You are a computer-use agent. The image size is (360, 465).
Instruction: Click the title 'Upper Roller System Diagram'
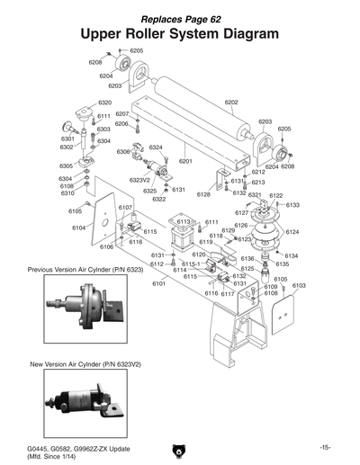[x=179, y=33]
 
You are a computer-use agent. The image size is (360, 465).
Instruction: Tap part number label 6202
[x=231, y=103]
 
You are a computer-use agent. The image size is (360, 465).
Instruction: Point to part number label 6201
[x=186, y=161]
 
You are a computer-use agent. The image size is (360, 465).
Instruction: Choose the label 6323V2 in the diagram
[x=140, y=180]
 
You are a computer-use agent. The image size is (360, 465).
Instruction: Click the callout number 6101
[x=158, y=283]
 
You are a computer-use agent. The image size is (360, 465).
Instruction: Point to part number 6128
[x=203, y=194]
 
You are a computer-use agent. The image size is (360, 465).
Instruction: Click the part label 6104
[x=79, y=228]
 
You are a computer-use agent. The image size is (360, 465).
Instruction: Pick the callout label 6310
[x=67, y=193]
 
